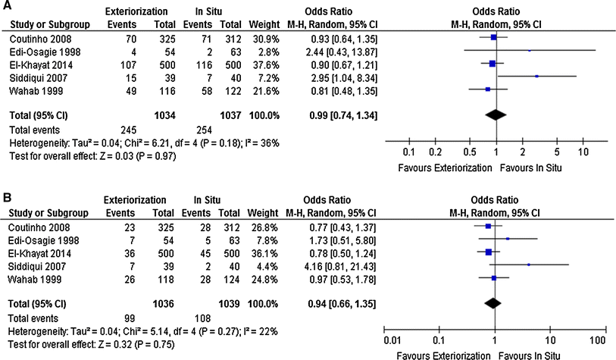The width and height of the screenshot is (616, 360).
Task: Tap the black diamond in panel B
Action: coord(492,304)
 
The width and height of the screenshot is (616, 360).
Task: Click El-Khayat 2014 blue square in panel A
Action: coord(493,64)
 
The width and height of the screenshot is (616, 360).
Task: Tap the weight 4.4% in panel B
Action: coord(265,266)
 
